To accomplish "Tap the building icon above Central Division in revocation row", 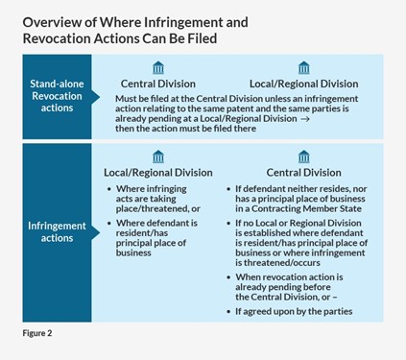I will coord(157,68).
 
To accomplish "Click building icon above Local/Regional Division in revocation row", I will coord(303,68).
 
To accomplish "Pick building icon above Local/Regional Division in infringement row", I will coord(157,156).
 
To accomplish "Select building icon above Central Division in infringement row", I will coord(303,156).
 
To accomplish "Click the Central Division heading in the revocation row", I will coord(157,83).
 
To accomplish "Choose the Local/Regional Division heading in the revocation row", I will coord(303,83).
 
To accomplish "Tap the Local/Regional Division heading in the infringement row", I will coord(157,172).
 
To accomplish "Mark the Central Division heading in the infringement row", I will coord(303,172).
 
